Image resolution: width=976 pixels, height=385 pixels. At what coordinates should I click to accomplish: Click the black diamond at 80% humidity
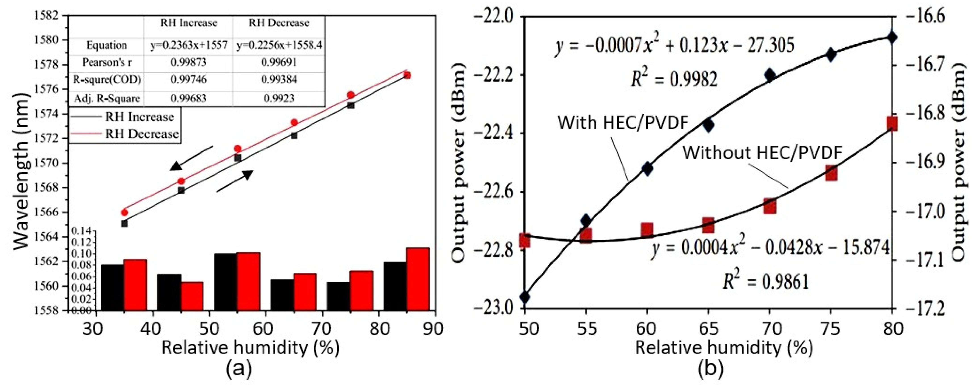892,37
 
